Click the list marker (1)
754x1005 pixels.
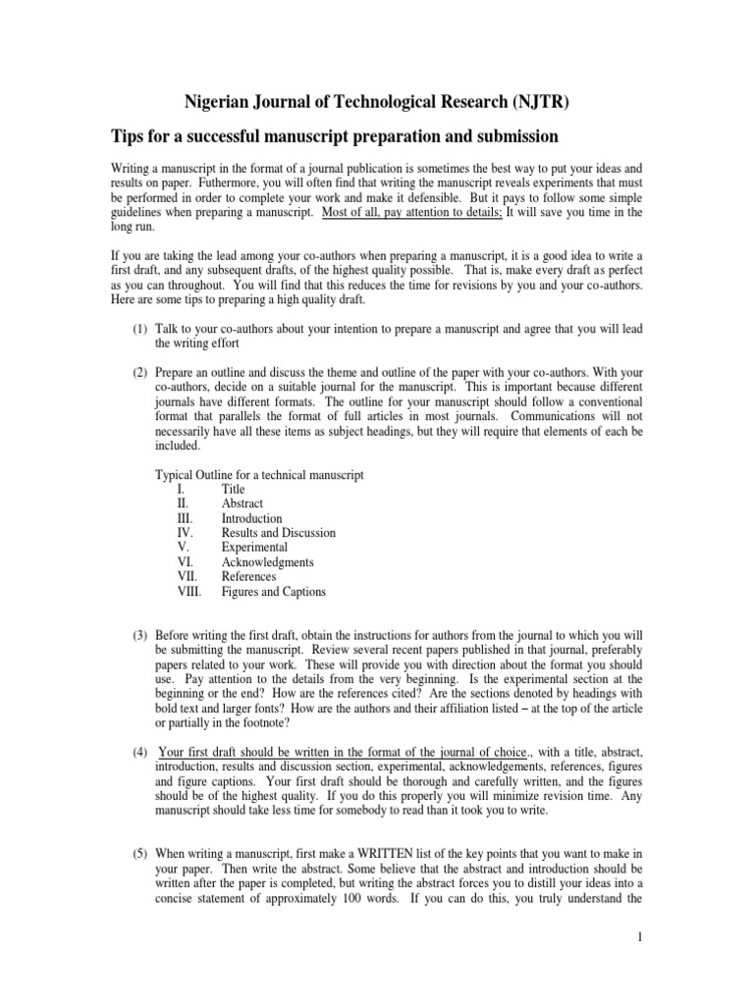point(138,329)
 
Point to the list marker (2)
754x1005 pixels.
point(138,373)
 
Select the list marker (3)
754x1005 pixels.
point(138,635)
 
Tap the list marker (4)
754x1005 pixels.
point(138,753)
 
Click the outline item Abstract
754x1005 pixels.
point(242,503)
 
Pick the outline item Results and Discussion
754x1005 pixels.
point(278,533)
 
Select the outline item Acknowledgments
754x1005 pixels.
point(267,562)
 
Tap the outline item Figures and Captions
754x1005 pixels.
point(273,592)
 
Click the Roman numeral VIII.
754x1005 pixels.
point(188,592)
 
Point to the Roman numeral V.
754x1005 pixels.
point(182,548)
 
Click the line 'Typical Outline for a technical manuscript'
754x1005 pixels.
point(260,474)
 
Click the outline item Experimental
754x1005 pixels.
point(254,548)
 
